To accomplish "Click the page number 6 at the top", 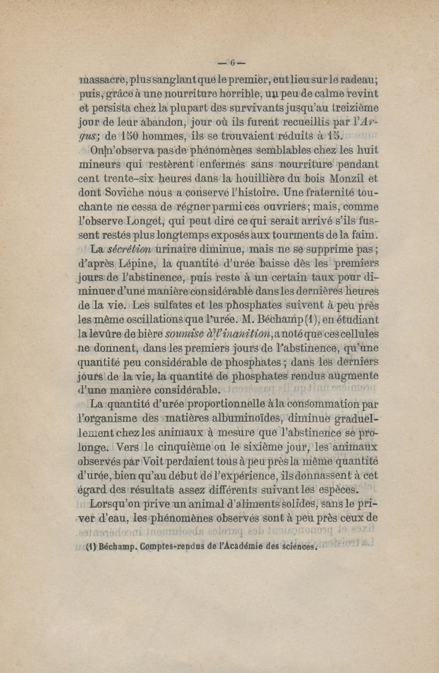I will (232, 61).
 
